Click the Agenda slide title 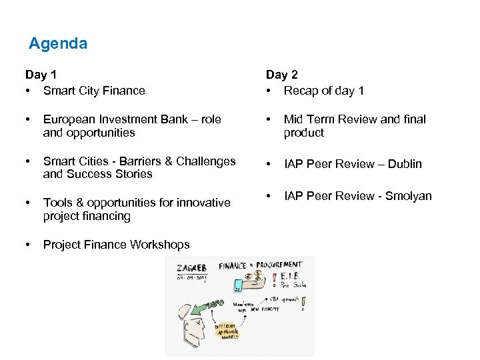(x=58, y=44)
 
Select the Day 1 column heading (x=40, y=75)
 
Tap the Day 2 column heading (x=281, y=75)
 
